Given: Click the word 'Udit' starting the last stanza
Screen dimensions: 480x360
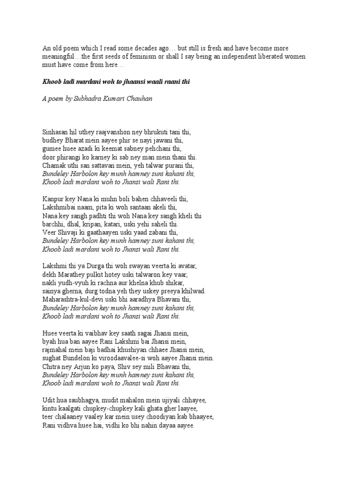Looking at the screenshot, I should coord(49,400).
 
